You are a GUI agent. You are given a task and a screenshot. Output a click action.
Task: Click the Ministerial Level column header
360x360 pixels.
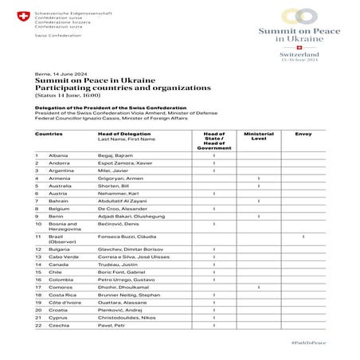point(259,136)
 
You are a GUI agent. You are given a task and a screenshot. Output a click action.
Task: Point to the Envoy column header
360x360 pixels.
point(303,134)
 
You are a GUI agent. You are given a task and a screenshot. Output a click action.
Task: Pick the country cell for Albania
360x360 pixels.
point(47,155)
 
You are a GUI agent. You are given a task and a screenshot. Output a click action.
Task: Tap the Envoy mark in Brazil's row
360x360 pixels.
point(303,237)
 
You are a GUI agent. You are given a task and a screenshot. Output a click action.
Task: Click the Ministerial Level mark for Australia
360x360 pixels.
point(259,186)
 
